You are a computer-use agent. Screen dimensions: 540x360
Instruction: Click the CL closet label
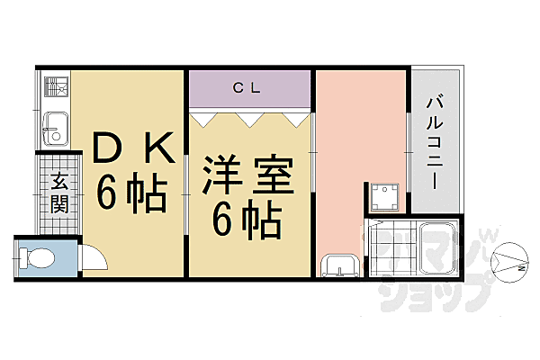click(247, 88)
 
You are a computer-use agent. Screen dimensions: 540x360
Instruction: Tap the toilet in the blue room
click(37, 258)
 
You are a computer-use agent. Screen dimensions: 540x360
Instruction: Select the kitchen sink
click(56, 129)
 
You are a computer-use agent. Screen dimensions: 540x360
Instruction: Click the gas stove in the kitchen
click(56, 86)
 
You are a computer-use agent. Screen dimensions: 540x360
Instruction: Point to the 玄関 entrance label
click(59, 193)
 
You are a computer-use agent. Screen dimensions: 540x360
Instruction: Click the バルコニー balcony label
click(435, 141)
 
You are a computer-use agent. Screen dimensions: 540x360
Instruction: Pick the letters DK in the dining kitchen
click(133, 148)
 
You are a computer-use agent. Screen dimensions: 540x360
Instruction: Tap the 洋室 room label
click(248, 174)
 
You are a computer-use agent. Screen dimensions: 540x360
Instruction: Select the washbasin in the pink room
click(339, 265)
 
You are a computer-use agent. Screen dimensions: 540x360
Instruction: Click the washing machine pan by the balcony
click(384, 197)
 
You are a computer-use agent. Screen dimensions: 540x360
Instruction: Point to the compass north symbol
click(509, 263)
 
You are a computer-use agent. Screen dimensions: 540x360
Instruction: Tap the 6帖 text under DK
click(131, 193)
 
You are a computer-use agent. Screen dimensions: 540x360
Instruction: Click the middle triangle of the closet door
click(250, 120)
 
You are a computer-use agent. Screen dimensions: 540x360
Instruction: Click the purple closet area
click(249, 88)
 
